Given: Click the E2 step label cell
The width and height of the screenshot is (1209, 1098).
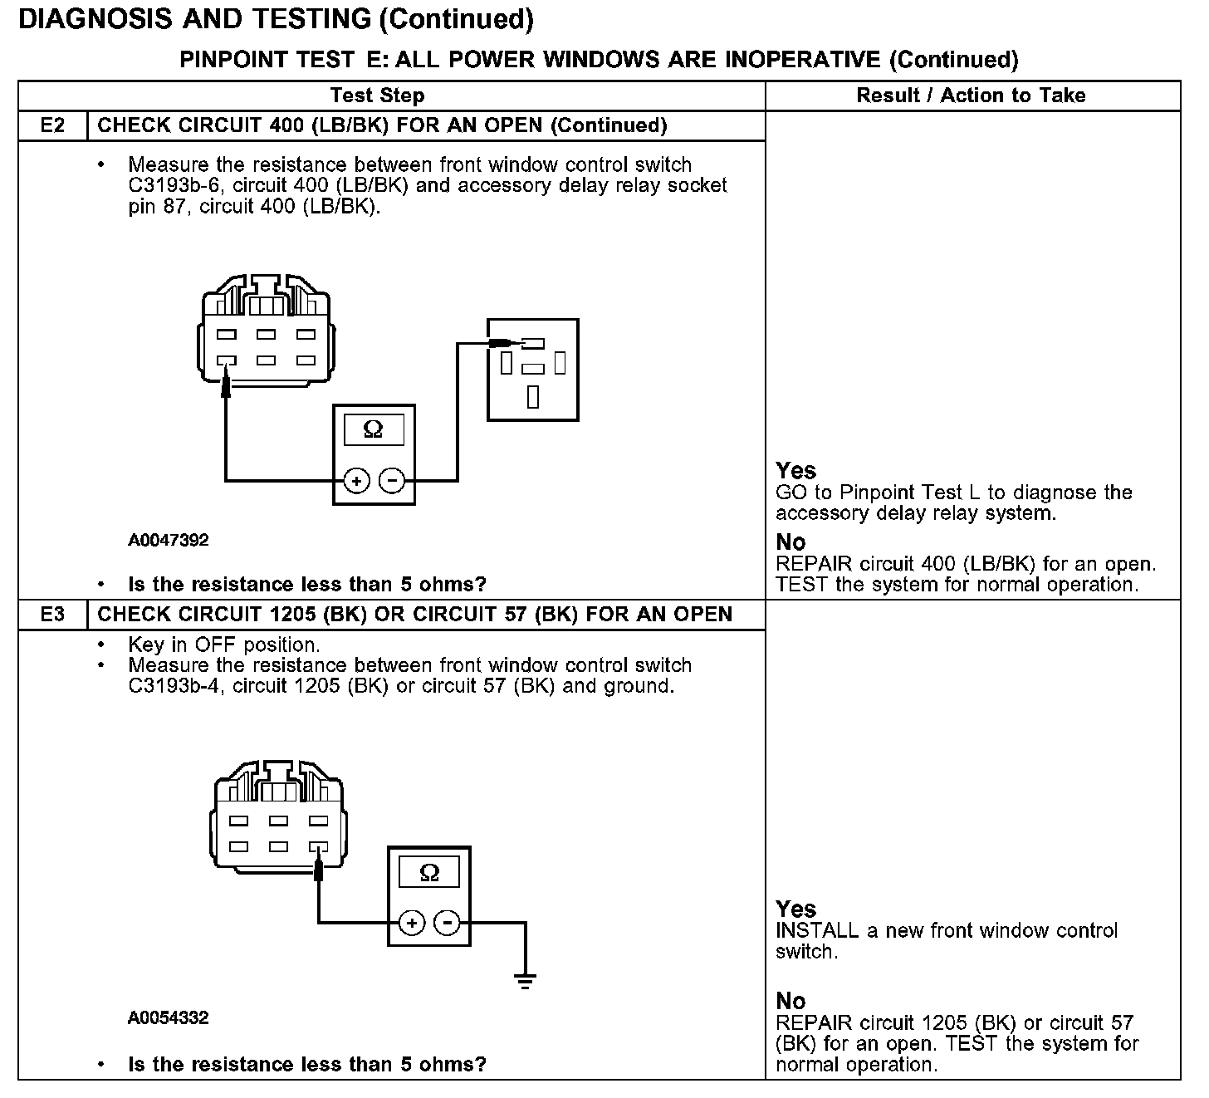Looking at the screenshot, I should tap(52, 125).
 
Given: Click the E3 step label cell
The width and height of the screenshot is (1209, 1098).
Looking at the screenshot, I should tap(52, 615).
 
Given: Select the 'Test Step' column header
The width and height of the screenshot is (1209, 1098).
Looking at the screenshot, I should tap(378, 96).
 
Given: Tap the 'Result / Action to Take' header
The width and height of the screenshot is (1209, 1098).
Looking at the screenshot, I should tap(971, 96).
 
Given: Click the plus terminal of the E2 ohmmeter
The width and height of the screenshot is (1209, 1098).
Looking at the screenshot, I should tap(356, 481).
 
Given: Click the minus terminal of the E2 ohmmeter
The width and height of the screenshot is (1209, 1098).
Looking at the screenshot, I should tap(392, 481).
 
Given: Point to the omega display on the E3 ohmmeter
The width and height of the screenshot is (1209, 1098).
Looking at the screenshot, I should tap(429, 872).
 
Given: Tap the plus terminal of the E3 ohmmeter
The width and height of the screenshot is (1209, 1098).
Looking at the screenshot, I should tap(412, 923).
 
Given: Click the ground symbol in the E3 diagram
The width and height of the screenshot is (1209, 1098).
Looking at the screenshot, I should tap(525, 980).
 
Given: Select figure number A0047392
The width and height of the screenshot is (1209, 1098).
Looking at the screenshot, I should tap(169, 540).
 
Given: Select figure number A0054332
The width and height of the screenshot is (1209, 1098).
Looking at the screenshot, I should tap(169, 1017).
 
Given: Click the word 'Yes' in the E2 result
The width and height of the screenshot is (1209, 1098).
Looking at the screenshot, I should tap(795, 471).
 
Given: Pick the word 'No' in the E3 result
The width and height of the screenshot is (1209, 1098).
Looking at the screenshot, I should tap(790, 1001).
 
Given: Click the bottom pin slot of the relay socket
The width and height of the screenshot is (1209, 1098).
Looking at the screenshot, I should tap(533, 397).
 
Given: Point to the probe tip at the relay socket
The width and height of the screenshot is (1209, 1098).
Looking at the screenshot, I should tap(501, 342).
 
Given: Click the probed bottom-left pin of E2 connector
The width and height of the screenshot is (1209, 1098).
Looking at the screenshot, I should tap(227, 361).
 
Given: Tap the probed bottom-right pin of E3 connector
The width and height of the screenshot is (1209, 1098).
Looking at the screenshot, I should tap(318, 847).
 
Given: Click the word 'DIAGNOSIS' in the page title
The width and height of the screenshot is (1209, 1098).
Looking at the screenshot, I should tap(105, 19).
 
